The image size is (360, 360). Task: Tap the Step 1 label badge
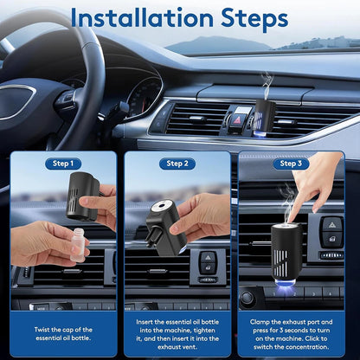coord(62,163)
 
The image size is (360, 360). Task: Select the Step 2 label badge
coord(177,163)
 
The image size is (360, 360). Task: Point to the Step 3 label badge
coord(291,163)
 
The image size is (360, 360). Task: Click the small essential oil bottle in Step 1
coord(77,245)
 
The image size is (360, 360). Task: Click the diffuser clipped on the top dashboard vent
coord(265,118)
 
